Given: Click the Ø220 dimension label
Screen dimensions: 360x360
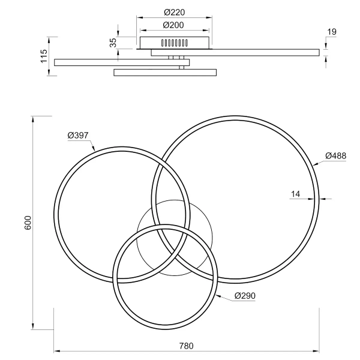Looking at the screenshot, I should tap(175, 11).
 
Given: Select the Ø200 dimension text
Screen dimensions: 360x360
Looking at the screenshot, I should tap(175, 25).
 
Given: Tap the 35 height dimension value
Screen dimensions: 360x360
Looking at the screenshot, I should tap(112, 42).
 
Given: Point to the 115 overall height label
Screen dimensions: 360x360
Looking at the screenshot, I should tap(44, 57).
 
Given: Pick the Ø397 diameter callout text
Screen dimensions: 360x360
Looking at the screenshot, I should tap(78, 135).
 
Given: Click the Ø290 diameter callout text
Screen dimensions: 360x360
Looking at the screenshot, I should tap(246, 296).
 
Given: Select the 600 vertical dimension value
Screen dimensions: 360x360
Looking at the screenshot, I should tap(28, 223).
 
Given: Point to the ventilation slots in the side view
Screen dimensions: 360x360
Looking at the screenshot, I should tap(175, 43).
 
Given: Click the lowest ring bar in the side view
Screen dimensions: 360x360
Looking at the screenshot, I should tap(164, 73).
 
